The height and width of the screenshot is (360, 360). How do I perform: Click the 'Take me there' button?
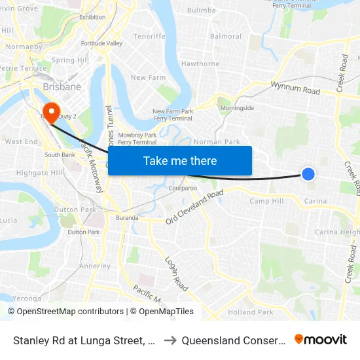[180, 161]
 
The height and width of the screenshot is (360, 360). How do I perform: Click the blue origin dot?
[308, 173]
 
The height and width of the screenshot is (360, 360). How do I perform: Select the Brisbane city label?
[62, 86]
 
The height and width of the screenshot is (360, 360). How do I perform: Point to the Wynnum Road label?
[295, 88]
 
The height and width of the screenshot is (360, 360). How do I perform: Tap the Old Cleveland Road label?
[194, 207]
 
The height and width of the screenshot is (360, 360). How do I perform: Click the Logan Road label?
[177, 274]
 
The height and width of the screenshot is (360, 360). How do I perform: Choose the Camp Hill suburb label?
[266, 201]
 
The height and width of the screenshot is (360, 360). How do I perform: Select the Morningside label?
[237, 107]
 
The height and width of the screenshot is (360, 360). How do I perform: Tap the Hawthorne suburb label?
[200, 64]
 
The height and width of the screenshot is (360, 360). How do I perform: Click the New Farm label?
[148, 78]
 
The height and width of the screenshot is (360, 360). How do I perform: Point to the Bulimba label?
[201, 11]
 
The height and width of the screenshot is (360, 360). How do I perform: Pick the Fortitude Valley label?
[101, 43]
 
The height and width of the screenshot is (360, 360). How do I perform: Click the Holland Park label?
[251, 312]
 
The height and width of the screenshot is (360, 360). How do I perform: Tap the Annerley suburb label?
[94, 266]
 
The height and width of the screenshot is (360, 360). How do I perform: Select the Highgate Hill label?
[40, 173]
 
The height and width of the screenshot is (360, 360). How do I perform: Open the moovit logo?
[321, 340]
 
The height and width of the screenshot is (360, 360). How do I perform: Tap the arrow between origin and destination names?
[168, 340]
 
